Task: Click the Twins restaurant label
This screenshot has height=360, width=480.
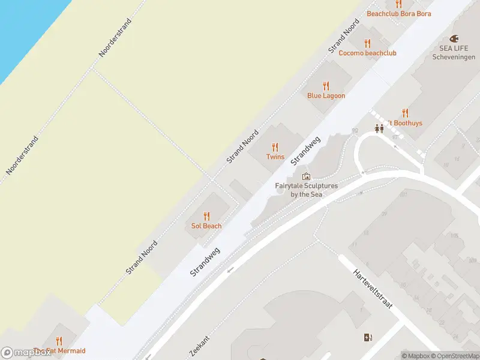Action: (275, 157)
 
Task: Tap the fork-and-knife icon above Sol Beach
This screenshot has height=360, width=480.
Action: (206, 216)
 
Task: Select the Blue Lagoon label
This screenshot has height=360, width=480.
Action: (326, 95)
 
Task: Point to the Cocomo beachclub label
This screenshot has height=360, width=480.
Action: (367, 53)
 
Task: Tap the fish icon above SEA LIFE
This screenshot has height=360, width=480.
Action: (453, 37)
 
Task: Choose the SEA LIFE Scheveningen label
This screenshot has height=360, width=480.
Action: (453, 52)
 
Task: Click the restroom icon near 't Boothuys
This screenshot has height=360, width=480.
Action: (379, 128)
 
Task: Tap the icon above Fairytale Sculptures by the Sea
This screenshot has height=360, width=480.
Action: (306, 176)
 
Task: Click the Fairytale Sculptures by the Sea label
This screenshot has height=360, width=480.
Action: (306, 190)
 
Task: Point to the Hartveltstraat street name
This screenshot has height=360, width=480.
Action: (373, 288)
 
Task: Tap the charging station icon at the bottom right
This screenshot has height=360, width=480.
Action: (367, 338)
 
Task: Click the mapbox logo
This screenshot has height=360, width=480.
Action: (26, 353)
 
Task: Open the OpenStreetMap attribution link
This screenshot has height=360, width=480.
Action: (454, 356)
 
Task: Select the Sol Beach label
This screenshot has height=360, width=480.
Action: (206, 226)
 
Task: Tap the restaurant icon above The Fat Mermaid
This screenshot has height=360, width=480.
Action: (59, 342)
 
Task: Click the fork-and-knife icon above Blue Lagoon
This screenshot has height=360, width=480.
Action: (326, 85)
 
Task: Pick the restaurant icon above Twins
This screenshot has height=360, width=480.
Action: (275, 146)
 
